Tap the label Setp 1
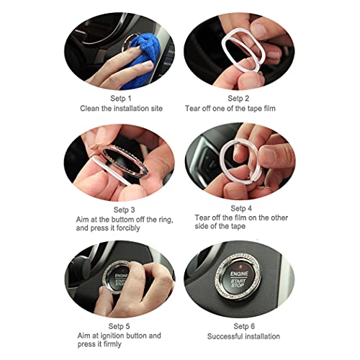(120, 97)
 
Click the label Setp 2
(238, 97)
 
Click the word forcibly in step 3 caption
(148, 227)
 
